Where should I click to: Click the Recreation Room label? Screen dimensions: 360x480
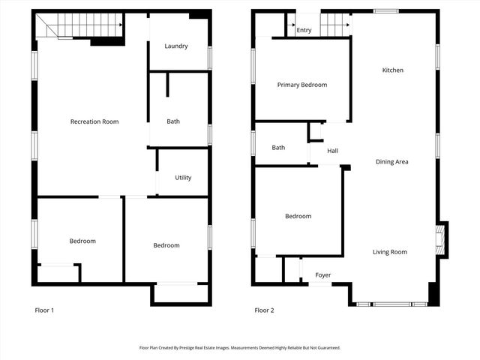[x=94, y=121]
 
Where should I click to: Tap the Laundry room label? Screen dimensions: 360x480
[x=176, y=46]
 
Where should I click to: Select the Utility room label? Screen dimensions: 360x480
[x=183, y=178]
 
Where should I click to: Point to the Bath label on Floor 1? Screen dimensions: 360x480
[x=173, y=121]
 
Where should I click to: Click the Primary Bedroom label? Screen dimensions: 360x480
[x=302, y=85]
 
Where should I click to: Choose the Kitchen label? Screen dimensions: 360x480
[x=393, y=70]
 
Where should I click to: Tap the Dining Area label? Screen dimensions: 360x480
[x=391, y=162]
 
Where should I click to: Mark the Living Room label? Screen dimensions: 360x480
[x=390, y=252]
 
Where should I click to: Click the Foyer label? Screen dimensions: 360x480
[x=323, y=275]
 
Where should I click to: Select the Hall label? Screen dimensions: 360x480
[x=332, y=151]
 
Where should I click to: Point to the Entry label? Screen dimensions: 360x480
[x=304, y=31]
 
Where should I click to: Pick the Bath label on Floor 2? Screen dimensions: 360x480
[x=278, y=148]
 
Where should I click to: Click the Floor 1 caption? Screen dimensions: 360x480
[x=45, y=310]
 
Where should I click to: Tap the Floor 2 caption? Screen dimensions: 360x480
[x=264, y=310]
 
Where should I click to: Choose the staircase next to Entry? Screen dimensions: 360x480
[x=335, y=25]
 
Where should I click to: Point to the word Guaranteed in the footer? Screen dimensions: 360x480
[x=326, y=348]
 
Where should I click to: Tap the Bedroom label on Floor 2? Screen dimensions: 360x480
[x=298, y=217]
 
